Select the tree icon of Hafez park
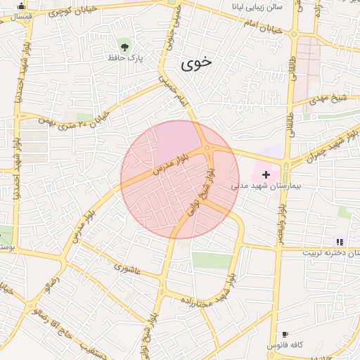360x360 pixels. point(124,47)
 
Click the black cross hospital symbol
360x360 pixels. point(266,173)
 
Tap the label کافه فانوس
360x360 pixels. point(285,345)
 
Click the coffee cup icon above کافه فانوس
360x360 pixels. point(285,334)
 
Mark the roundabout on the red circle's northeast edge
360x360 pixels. point(208,148)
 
